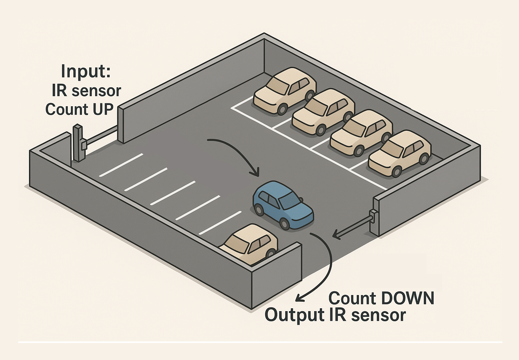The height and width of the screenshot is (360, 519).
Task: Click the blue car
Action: pos(283,205)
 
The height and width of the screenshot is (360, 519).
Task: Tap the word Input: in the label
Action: pos(86,71)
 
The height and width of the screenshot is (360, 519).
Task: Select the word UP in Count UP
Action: pos(103,109)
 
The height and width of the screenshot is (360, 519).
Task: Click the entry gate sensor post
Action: pos(78,143)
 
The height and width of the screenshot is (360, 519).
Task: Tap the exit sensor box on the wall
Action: pos(374,216)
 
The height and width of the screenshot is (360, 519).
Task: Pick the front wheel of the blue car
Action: pos(285,223)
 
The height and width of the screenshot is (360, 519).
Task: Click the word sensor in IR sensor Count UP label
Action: pos(96,91)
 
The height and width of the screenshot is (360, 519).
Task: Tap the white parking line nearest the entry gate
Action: pos(121,165)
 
